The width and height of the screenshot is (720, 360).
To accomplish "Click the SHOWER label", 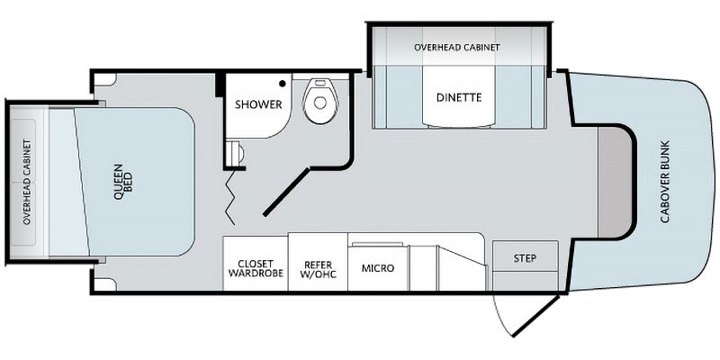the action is click(258, 104).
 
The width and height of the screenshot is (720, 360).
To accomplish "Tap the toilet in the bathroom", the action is click(320, 101).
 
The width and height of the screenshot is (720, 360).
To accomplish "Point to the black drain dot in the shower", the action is click(283, 84).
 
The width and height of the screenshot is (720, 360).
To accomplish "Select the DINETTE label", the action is click(459, 97).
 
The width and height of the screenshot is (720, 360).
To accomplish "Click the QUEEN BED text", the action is click(123, 182).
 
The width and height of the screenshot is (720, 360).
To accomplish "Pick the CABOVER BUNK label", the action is click(665, 182).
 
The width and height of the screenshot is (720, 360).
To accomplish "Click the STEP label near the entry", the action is click(525, 258).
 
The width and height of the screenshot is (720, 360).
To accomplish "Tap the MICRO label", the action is click(378, 268).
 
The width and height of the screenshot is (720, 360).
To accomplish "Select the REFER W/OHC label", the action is click(318, 269).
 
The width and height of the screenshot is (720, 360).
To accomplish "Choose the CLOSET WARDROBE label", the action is click(256, 268).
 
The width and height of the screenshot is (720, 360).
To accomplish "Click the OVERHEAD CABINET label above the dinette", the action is click(457, 48).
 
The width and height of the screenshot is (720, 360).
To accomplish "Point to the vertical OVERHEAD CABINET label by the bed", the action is click(27, 183).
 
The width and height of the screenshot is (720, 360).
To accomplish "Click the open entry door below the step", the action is click(526, 316).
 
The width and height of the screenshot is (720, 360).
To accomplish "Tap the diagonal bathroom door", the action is click(286, 192).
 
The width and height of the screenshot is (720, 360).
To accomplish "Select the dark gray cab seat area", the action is click(615, 182).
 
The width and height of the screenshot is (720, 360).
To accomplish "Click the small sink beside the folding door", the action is click(236, 151).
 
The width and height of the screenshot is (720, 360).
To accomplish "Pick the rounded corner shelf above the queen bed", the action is click(105, 79).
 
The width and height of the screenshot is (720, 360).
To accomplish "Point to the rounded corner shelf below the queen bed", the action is click(105, 284).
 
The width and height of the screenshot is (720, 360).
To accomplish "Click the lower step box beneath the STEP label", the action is click(526, 280).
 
